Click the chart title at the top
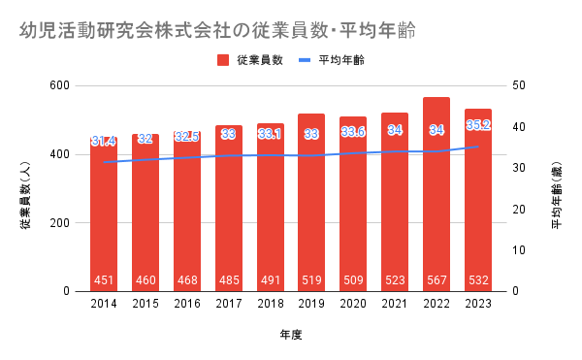pyautogui.click(x=217, y=30)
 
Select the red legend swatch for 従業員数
pyautogui.click(x=223, y=60)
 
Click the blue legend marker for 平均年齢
pyautogui.click(x=305, y=60)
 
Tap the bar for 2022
pyautogui.click(x=436, y=194)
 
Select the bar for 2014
pyautogui.click(x=104, y=214)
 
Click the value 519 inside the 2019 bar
pyautogui.click(x=311, y=280)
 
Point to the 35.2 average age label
pyautogui.click(x=478, y=125)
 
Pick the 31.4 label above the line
pyautogui.click(x=104, y=141)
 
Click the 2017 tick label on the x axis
pyautogui.click(x=229, y=304)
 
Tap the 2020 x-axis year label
pyautogui.click(x=353, y=304)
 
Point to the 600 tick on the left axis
pyautogui.click(x=60, y=85)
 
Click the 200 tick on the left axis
pyautogui.click(x=60, y=222)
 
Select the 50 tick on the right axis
pyautogui.click(x=519, y=85)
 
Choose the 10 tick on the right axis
pyautogui.click(x=519, y=250)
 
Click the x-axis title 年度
pyautogui.click(x=291, y=335)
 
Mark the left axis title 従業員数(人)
pyautogui.click(x=25, y=195)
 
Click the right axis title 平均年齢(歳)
pyautogui.click(x=557, y=195)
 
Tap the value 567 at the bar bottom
pyautogui.click(x=436, y=280)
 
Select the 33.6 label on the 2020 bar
pyautogui.click(x=353, y=132)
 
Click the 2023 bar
pyautogui.click(x=478, y=201)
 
